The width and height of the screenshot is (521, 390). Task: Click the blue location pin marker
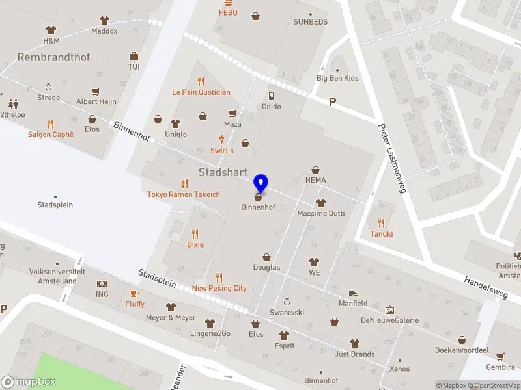tap(260, 184)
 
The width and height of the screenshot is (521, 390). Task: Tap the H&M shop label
tap(51, 40)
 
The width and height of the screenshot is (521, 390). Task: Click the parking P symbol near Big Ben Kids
tap(333, 102)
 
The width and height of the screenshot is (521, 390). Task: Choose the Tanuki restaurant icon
tap(381, 223)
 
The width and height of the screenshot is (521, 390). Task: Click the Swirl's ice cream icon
tap(222, 140)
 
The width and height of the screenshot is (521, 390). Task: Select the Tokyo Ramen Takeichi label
tap(184, 194)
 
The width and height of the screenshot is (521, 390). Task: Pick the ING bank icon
tap(102, 283)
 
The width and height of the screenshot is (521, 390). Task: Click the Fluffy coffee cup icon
tap(135, 293)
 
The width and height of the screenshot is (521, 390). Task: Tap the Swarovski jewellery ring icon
tap(287, 302)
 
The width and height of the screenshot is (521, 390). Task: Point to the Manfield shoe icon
tap(353, 293)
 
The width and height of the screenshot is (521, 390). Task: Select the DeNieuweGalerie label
tap(389, 320)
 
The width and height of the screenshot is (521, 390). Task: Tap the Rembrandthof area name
tap(53, 57)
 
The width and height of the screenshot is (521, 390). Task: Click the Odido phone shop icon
tap(271, 96)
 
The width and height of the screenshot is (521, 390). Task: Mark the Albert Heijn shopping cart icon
tap(96, 92)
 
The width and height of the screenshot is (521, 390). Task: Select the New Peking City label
tap(219, 288)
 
